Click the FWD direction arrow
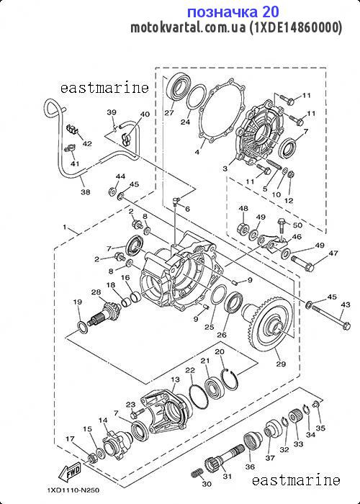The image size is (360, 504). coord(69,472)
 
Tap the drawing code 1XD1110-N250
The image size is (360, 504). coord(73,490)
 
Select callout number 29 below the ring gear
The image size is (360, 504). coord(281,364)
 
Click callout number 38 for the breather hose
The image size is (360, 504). coord(85,192)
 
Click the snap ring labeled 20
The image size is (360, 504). coord(230,380)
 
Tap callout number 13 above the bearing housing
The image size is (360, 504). coord(175,379)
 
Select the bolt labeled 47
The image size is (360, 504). coord(303,263)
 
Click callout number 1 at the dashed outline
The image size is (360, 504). coord(65,227)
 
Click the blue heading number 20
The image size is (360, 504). coord(271,12)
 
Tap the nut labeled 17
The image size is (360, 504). coord(92,457)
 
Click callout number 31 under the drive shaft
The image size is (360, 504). coord(227,476)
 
